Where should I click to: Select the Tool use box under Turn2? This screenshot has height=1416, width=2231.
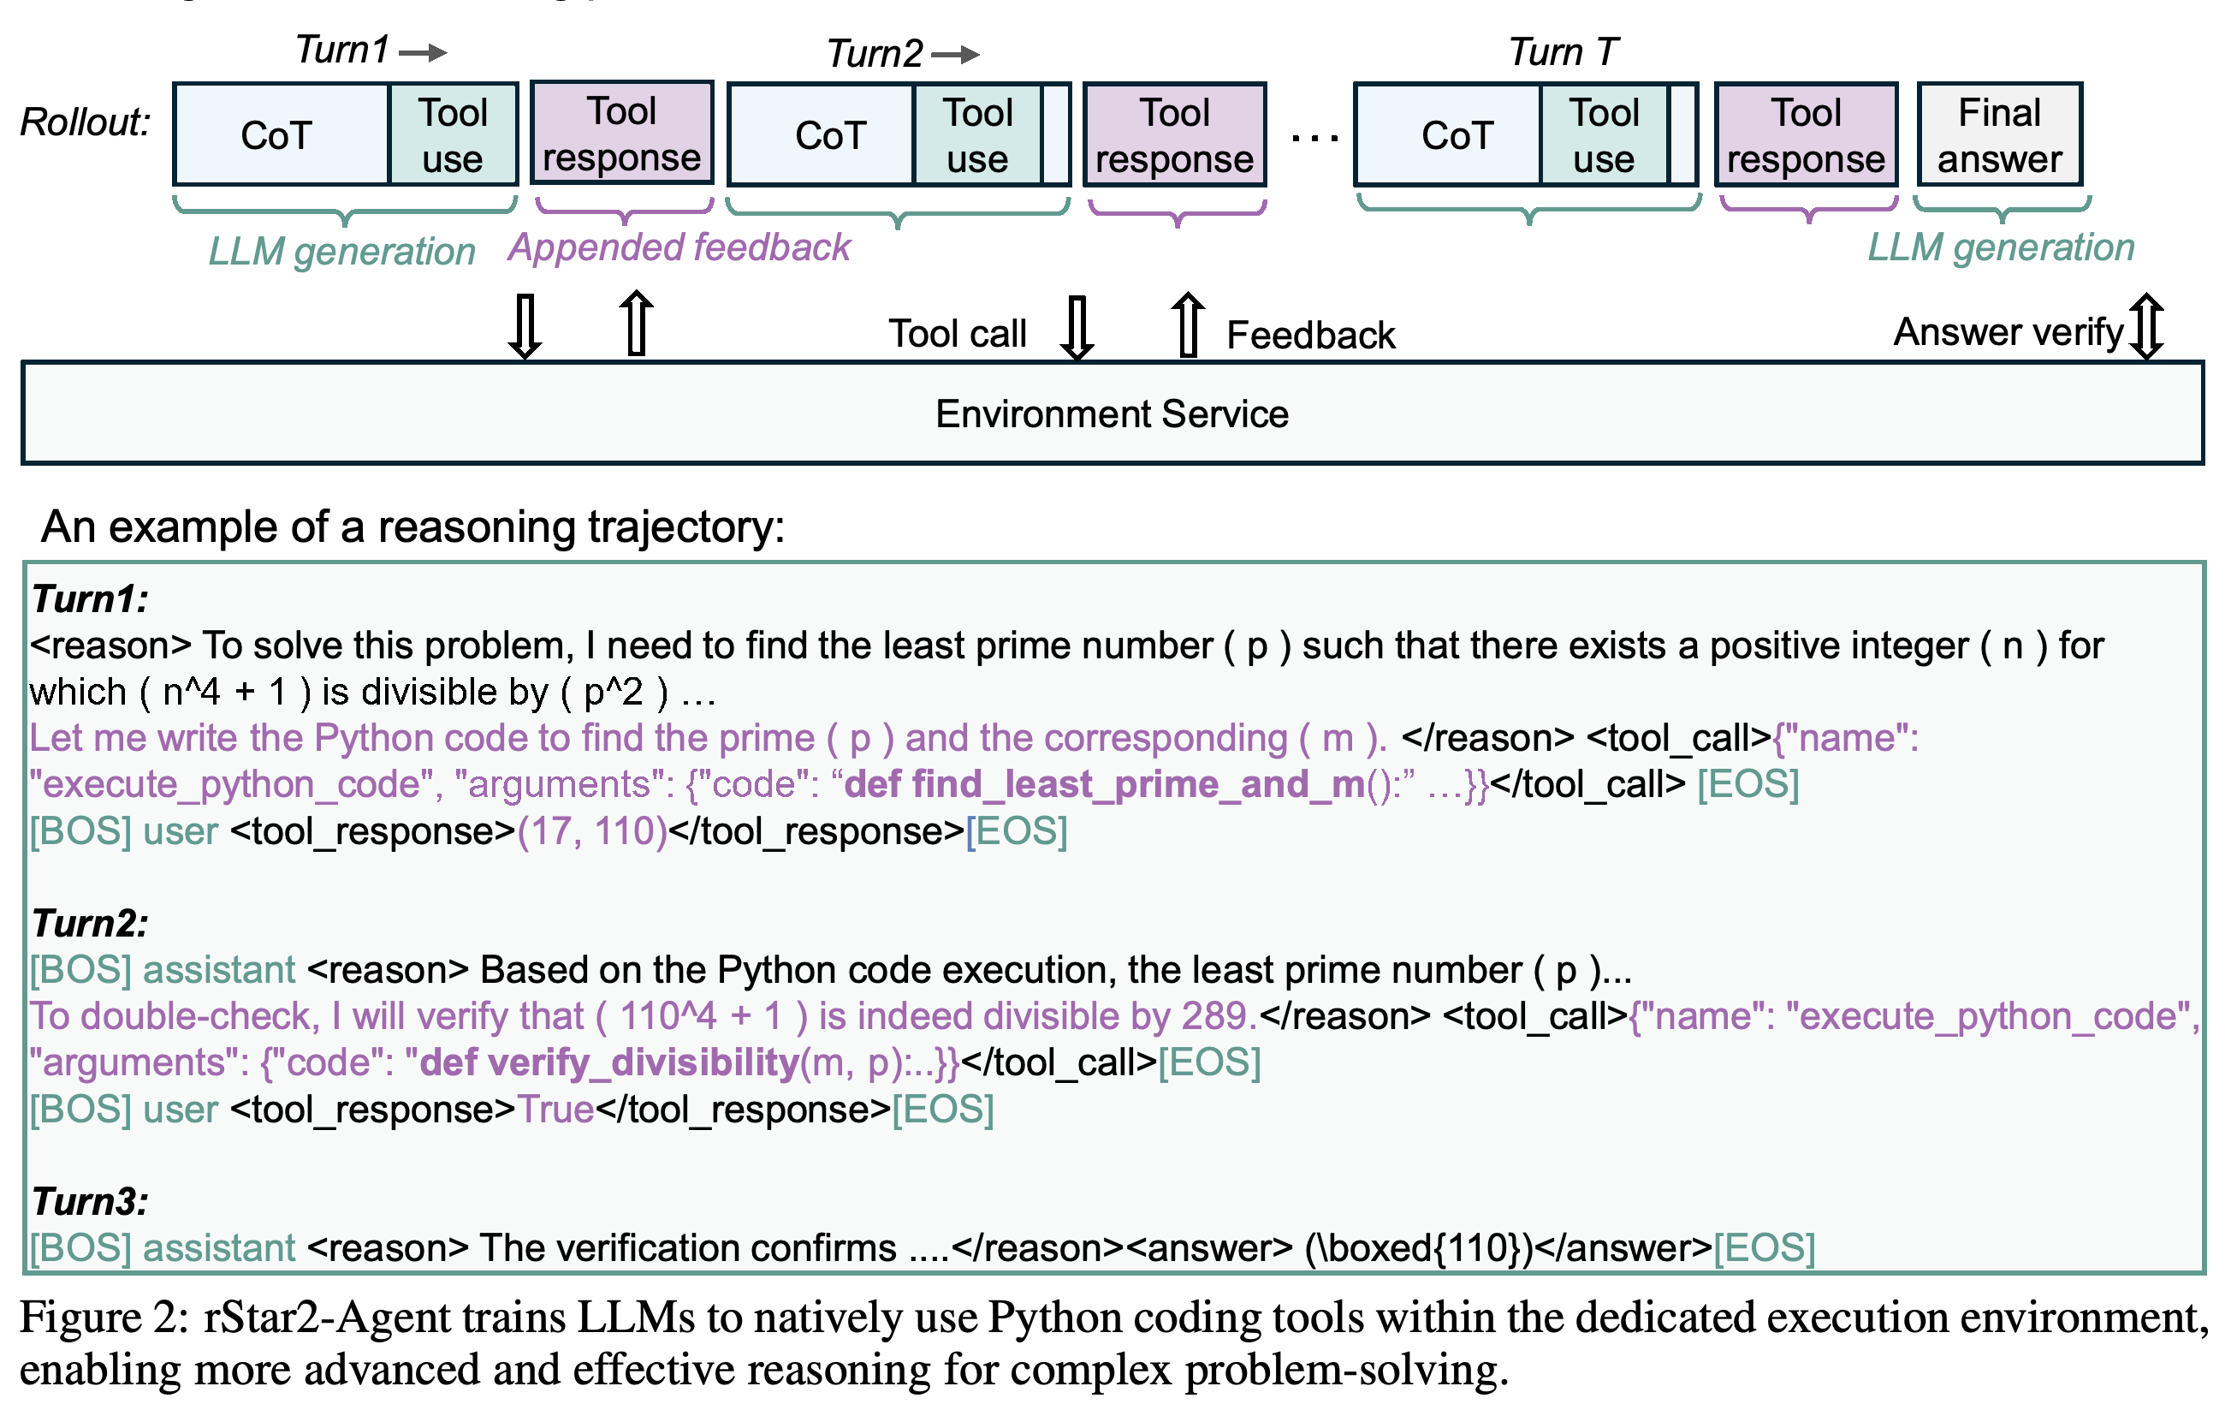point(978,135)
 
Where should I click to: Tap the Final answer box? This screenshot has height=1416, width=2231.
point(1999,135)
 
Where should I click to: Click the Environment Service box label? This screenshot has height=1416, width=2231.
point(1112,413)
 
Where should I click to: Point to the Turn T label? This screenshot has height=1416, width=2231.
point(1563,52)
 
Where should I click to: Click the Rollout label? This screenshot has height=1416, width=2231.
point(86,122)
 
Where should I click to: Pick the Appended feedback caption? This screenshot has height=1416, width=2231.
point(679,247)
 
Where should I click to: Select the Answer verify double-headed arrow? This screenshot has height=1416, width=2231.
point(2145,326)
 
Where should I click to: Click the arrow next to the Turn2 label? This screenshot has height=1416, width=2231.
point(955,55)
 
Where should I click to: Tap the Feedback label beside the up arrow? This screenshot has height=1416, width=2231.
point(1310,335)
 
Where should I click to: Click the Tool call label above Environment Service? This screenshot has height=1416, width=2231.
point(957,334)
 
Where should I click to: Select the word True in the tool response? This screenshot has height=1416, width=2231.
point(555,1110)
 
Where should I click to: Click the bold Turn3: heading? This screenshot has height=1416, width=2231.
point(90,1202)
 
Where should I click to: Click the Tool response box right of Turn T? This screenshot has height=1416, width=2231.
point(1806,135)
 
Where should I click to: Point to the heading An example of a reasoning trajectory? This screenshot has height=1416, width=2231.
point(413,527)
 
